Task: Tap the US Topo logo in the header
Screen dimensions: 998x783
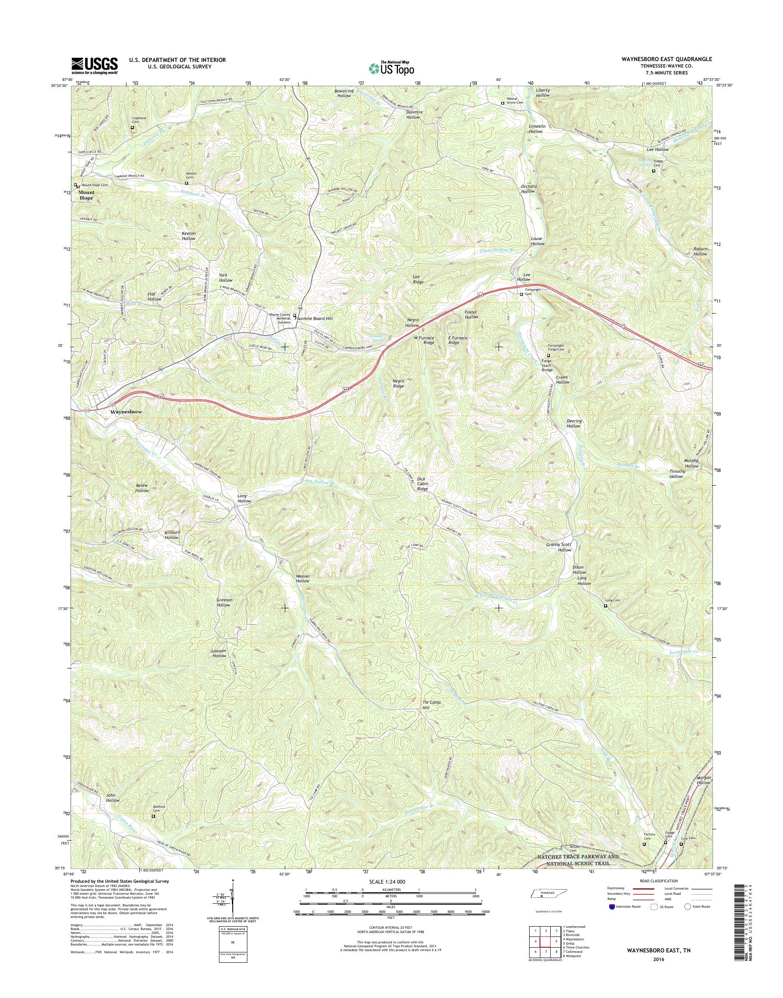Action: click(391, 68)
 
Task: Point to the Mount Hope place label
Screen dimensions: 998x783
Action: click(86, 195)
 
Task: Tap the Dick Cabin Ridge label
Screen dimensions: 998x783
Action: click(422, 484)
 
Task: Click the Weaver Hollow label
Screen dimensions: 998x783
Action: click(302, 579)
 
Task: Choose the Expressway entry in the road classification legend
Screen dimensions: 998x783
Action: click(617, 888)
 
